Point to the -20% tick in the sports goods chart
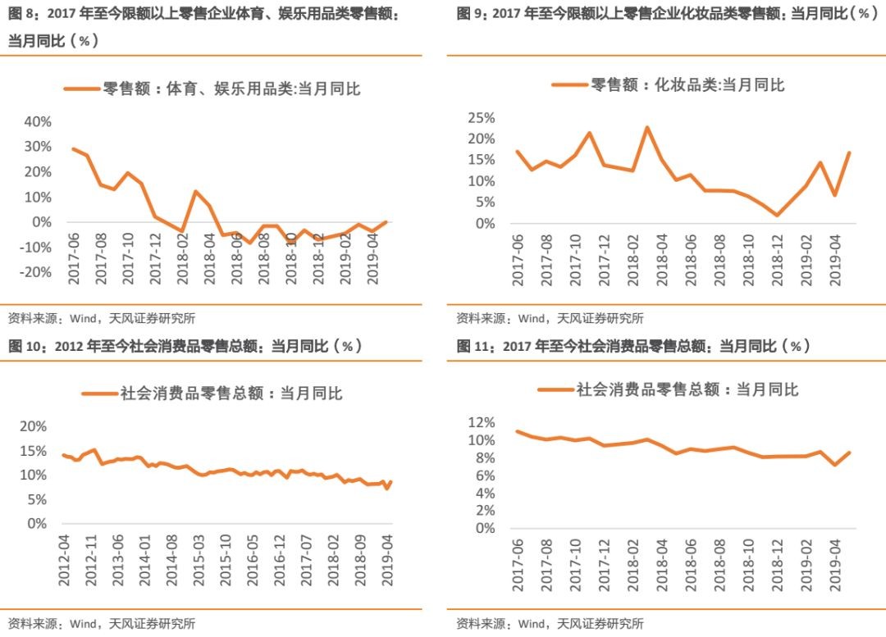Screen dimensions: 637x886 (x=35, y=272)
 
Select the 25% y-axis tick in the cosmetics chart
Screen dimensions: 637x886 (x=481, y=118)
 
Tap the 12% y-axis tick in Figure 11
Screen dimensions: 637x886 (x=482, y=422)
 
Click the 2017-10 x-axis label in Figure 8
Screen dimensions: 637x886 (x=129, y=257)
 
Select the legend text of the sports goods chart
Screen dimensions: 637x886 (x=231, y=89)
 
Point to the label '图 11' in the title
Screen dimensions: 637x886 (x=473, y=347)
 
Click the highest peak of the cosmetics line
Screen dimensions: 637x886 (x=647, y=128)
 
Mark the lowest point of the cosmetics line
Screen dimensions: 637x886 (x=777, y=216)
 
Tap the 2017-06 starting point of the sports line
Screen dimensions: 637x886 (x=74, y=149)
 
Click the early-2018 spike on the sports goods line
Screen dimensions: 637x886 (x=196, y=191)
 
